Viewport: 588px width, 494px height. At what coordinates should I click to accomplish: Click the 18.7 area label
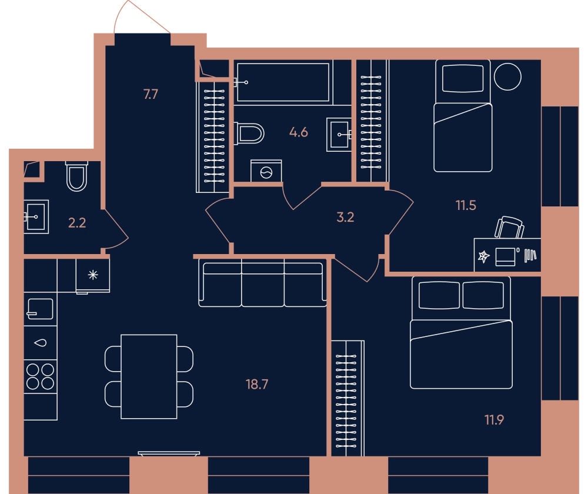pos(257,385)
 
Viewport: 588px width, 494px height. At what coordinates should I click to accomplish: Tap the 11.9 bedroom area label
pos(494,420)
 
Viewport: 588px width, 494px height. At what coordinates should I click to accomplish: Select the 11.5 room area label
pos(466,206)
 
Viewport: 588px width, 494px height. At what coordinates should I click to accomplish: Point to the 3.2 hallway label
pos(345,217)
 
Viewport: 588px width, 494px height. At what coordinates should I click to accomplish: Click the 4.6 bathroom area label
pos(299,132)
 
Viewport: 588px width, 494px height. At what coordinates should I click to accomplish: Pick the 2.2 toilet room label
pos(77,223)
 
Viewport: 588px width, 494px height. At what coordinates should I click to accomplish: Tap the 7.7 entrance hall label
pos(151,94)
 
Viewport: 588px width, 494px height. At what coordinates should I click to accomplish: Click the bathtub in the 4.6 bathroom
pos(283,82)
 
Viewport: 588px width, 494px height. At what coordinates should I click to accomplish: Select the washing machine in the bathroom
pos(266,171)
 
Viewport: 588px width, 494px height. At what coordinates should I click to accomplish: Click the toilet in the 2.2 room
pos(76,176)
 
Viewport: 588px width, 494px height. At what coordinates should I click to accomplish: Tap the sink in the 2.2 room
pos(36,217)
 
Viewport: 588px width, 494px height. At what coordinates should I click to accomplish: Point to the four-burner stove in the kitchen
pos(40,376)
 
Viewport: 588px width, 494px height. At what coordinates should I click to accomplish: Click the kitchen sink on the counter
pos(40,309)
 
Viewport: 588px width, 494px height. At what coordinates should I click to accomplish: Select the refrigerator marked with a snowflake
pos(93,276)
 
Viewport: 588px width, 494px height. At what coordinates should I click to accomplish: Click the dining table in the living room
pos(149,376)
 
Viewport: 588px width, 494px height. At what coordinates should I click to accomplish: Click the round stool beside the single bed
pos(507,76)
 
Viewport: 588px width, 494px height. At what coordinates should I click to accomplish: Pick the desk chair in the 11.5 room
pos(509,228)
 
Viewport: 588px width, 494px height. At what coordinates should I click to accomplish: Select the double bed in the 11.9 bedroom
pos(461,333)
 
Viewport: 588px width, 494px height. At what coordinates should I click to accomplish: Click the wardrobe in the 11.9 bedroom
pos(348,398)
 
